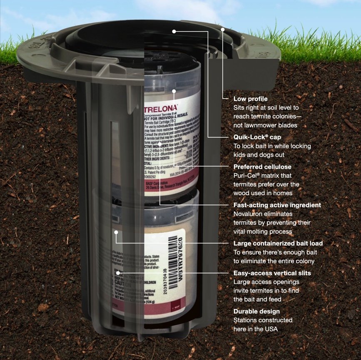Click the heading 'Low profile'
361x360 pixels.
(250, 99)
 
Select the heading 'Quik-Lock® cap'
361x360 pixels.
(257, 137)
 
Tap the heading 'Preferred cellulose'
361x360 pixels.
(262, 167)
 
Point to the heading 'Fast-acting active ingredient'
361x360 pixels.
(277, 205)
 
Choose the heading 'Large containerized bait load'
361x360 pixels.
(278, 243)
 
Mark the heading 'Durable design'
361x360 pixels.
(256, 311)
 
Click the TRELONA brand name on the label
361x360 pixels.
(161, 107)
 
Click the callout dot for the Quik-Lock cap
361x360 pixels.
(174, 31)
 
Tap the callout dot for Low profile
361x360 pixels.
(223, 30)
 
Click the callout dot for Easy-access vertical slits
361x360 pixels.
(119, 273)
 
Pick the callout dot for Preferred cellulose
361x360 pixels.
(174, 91)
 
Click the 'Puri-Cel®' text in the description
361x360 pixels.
(247, 176)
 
